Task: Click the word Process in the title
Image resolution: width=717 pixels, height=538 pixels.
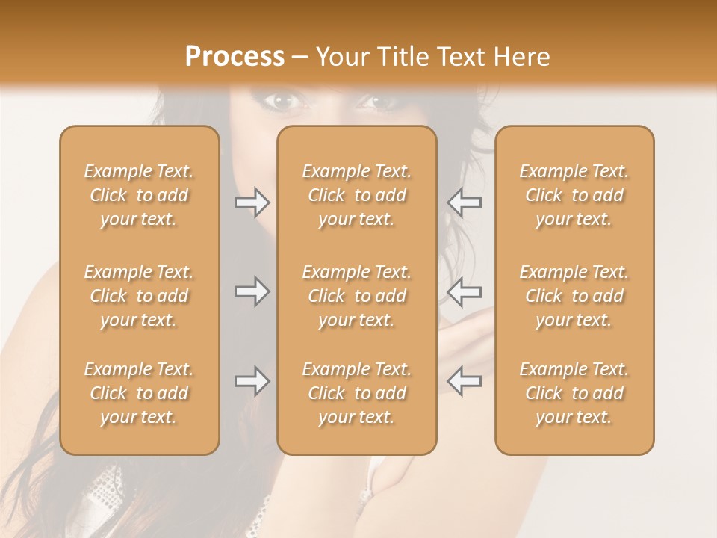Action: (235, 57)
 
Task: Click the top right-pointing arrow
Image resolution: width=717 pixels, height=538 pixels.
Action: (252, 202)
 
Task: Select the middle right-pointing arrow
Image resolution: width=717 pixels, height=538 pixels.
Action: (252, 291)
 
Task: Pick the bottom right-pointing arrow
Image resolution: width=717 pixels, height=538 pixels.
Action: (252, 381)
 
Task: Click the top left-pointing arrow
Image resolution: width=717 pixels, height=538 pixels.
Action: (464, 202)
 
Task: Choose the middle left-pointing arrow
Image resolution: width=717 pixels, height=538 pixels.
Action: (464, 291)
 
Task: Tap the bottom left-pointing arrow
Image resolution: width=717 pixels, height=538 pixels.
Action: (464, 381)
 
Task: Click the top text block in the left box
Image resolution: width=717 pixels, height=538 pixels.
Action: (139, 195)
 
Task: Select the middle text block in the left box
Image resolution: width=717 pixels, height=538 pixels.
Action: (139, 296)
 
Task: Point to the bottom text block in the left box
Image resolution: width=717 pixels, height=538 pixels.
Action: (139, 393)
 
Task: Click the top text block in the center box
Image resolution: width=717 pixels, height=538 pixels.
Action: (357, 195)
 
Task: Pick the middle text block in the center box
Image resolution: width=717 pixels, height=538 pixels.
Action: (357, 296)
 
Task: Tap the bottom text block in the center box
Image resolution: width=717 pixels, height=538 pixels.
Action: (357, 393)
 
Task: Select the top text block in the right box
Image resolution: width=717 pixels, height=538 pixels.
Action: (574, 195)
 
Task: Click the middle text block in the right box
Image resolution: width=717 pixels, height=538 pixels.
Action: (574, 296)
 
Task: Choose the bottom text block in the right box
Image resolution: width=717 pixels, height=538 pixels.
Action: (574, 393)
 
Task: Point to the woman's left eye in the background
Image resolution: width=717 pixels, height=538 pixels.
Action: (382, 100)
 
